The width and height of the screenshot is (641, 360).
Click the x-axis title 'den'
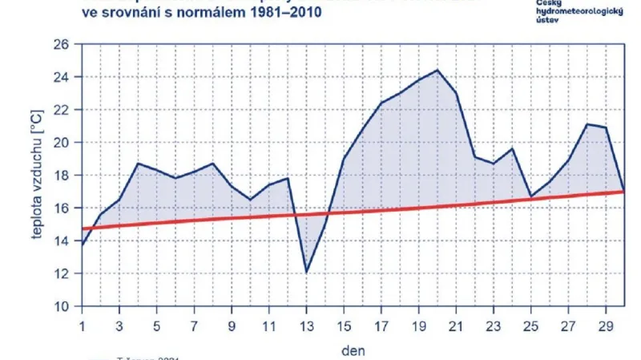(353, 350)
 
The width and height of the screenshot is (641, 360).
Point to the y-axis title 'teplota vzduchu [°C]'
(36, 176)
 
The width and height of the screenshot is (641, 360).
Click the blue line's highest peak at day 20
(437, 70)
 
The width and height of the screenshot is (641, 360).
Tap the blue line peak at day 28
(587, 124)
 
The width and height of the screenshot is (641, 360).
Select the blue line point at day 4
(138, 164)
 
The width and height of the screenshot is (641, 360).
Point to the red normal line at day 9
(232, 218)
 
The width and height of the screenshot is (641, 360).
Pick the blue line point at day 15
(344, 159)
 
